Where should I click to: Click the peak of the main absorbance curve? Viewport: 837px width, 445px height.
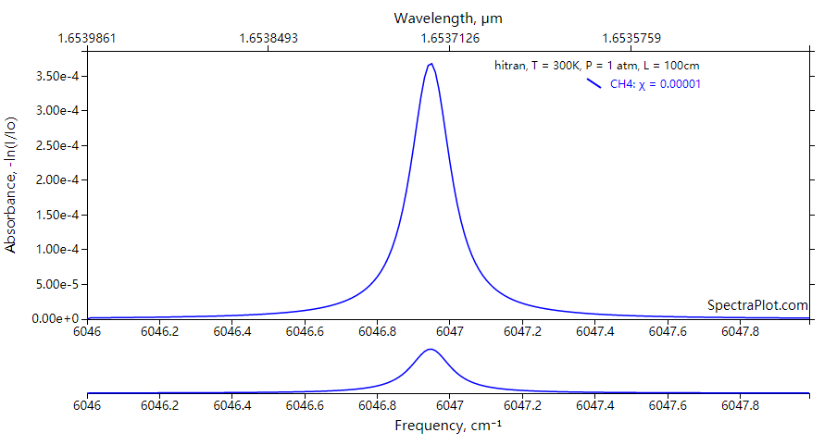pyautogui.click(x=431, y=64)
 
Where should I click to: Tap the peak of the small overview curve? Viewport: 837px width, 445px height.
pyautogui.click(x=430, y=350)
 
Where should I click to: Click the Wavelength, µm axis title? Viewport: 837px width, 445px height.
pyautogui.click(x=448, y=18)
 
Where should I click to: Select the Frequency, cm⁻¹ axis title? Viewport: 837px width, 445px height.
pyautogui.click(x=448, y=426)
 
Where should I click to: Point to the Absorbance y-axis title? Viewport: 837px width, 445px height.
pyautogui.click(x=11, y=184)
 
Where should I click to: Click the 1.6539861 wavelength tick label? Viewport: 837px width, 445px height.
pyautogui.click(x=87, y=38)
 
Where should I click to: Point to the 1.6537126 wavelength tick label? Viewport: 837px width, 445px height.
pyautogui.click(x=449, y=38)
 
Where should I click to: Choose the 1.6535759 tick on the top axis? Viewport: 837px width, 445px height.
pyautogui.click(x=631, y=38)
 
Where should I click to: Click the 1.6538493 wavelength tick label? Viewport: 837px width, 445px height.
pyautogui.click(x=269, y=38)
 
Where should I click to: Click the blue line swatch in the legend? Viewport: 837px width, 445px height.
pyautogui.click(x=594, y=84)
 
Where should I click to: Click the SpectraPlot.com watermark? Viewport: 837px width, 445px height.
pyautogui.click(x=757, y=304)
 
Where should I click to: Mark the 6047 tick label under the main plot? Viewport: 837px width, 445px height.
pyautogui.click(x=449, y=330)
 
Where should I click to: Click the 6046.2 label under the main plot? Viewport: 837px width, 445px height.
pyautogui.click(x=160, y=330)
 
